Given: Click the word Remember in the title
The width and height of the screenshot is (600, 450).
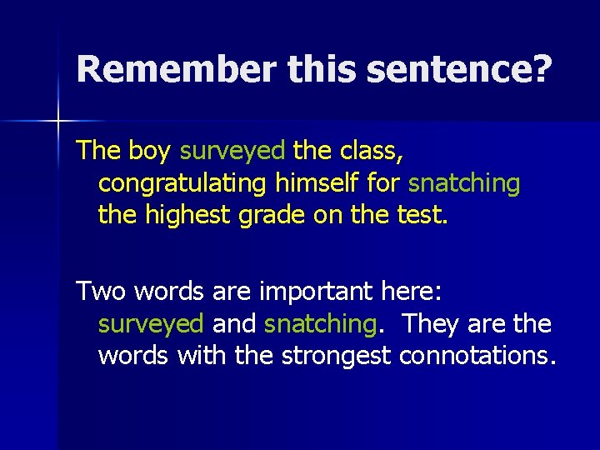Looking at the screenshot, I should pyautogui.click(x=176, y=70).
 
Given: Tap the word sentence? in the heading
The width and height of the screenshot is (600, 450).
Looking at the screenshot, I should pyautogui.click(x=458, y=70).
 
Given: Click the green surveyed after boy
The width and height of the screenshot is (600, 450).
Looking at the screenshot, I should pyautogui.click(x=232, y=151).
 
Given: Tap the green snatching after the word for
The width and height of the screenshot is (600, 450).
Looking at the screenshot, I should pyautogui.click(x=465, y=183).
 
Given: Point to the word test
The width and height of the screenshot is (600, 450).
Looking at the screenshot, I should pyautogui.click(x=423, y=216).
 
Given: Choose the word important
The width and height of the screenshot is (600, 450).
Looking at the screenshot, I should pyautogui.click(x=308, y=291).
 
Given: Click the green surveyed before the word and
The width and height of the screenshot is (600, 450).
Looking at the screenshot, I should pyautogui.click(x=151, y=323).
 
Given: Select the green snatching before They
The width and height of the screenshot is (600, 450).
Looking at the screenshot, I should pyautogui.click(x=318, y=323).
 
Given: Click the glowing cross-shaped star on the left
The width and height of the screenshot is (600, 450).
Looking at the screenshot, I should pyautogui.click(x=59, y=122).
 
